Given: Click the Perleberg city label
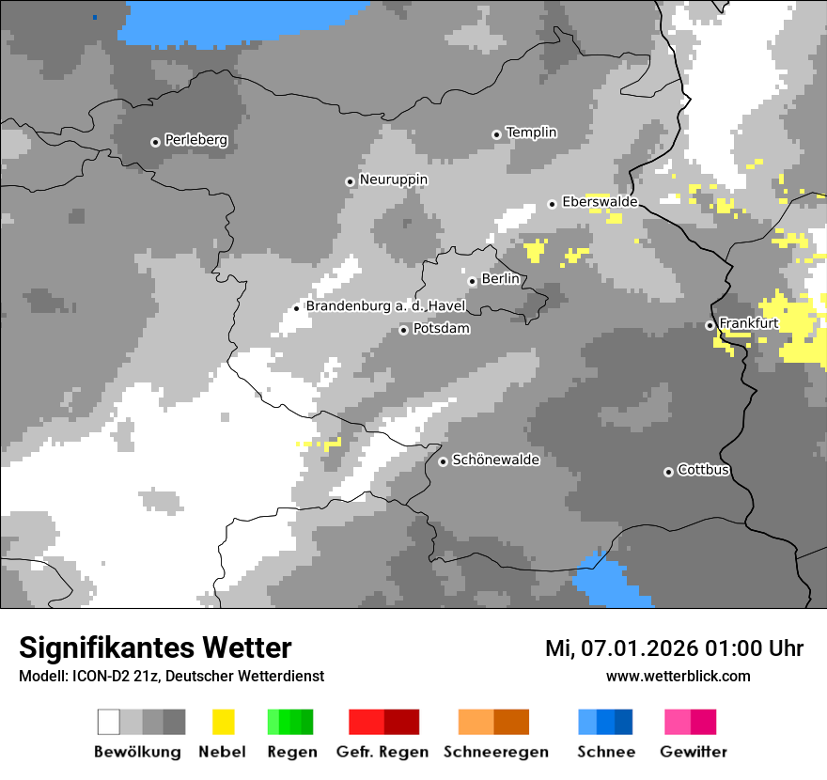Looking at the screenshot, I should tap(195, 140).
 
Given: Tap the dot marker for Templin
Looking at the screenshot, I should tap(496, 134).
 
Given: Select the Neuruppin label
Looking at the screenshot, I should tap(393, 179).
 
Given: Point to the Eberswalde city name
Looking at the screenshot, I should tap(600, 202).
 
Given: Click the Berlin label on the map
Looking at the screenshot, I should tap(500, 279).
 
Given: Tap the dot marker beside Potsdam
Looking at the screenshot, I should tap(403, 330).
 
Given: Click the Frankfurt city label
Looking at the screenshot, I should tap(748, 323).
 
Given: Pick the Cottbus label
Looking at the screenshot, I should tap(703, 470).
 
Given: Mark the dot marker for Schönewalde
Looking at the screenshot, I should tap(443, 461).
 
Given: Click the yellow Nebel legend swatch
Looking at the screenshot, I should tap(223, 722).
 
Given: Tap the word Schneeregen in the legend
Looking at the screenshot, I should tap(495, 752).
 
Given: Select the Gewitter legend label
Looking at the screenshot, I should tap(693, 752).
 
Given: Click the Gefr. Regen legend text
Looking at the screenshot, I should tap(382, 752).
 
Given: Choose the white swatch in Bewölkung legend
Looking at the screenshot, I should tap(109, 722).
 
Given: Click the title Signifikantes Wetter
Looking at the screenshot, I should tap(155, 647).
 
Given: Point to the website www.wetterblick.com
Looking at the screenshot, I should tap(678, 676).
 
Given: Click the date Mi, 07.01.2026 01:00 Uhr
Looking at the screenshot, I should tap(674, 648).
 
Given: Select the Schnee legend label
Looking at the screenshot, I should tap(606, 752).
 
